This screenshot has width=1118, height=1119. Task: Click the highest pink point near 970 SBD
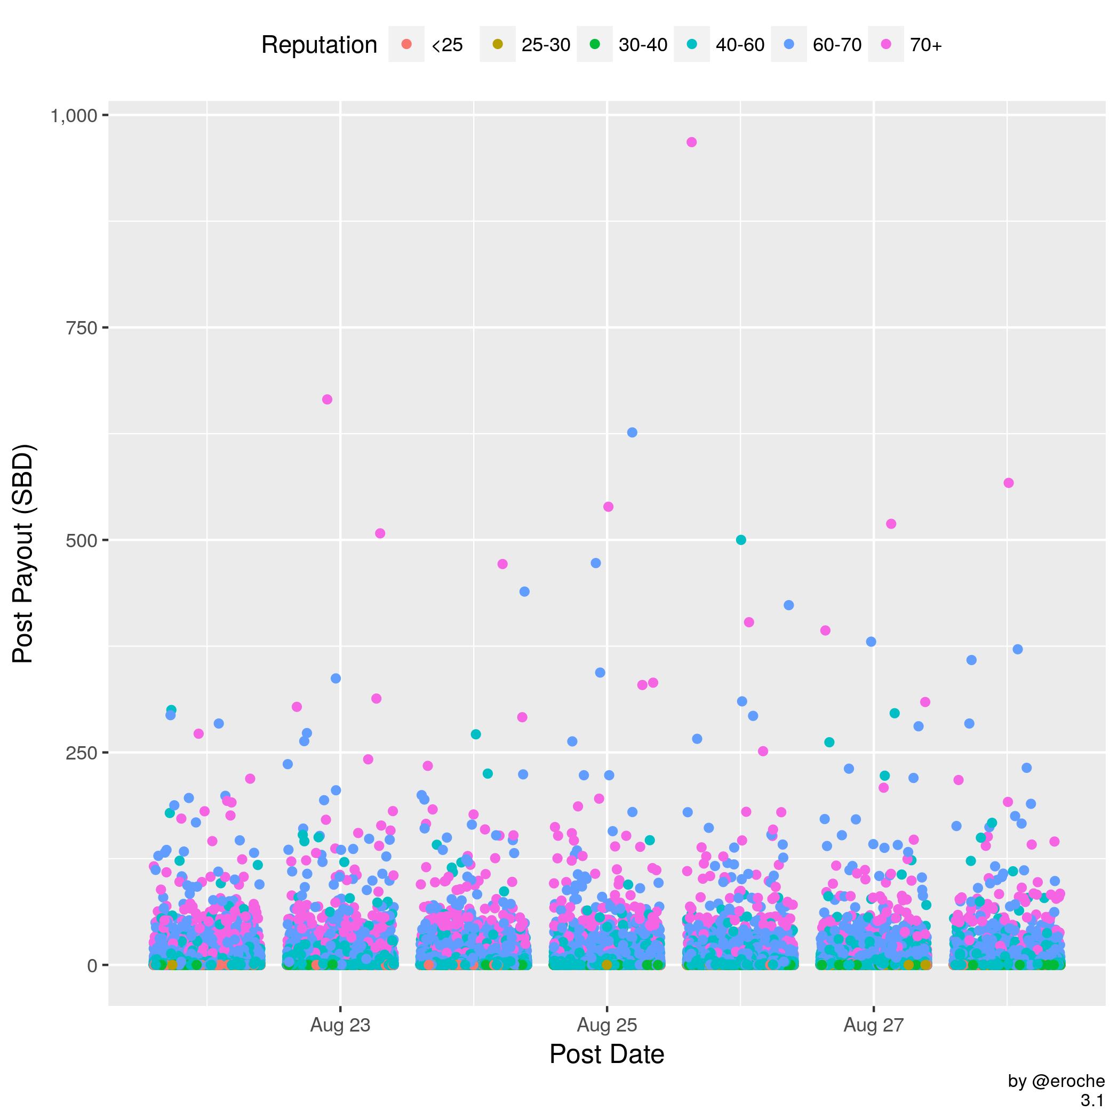click(691, 142)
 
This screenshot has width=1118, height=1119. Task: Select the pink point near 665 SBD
click(328, 399)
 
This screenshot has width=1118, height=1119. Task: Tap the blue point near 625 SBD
click(632, 433)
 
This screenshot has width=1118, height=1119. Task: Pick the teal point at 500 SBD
click(741, 540)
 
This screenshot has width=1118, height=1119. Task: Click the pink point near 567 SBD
click(1009, 483)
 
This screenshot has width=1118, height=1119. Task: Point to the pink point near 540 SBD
click(608, 507)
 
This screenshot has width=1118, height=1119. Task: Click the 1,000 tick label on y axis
click(74, 116)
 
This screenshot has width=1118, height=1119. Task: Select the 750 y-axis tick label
click(81, 329)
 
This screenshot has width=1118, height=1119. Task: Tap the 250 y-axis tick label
click(81, 753)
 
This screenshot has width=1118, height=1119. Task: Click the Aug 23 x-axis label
click(340, 1026)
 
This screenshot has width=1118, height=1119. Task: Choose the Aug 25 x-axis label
click(606, 1026)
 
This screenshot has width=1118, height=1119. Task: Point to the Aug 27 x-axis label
click(874, 1026)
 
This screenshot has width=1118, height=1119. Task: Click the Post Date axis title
click(606, 1054)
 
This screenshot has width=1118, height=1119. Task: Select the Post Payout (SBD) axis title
click(25, 554)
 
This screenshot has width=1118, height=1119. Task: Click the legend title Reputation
click(319, 45)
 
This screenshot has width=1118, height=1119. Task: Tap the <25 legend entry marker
click(406, 44)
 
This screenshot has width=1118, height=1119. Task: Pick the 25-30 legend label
click(546, 45)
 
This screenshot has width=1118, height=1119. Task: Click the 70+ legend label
click(925, 45)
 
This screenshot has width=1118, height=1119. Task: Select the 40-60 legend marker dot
click(692, 44)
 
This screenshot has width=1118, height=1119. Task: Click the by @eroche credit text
click(1056, 1081)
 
